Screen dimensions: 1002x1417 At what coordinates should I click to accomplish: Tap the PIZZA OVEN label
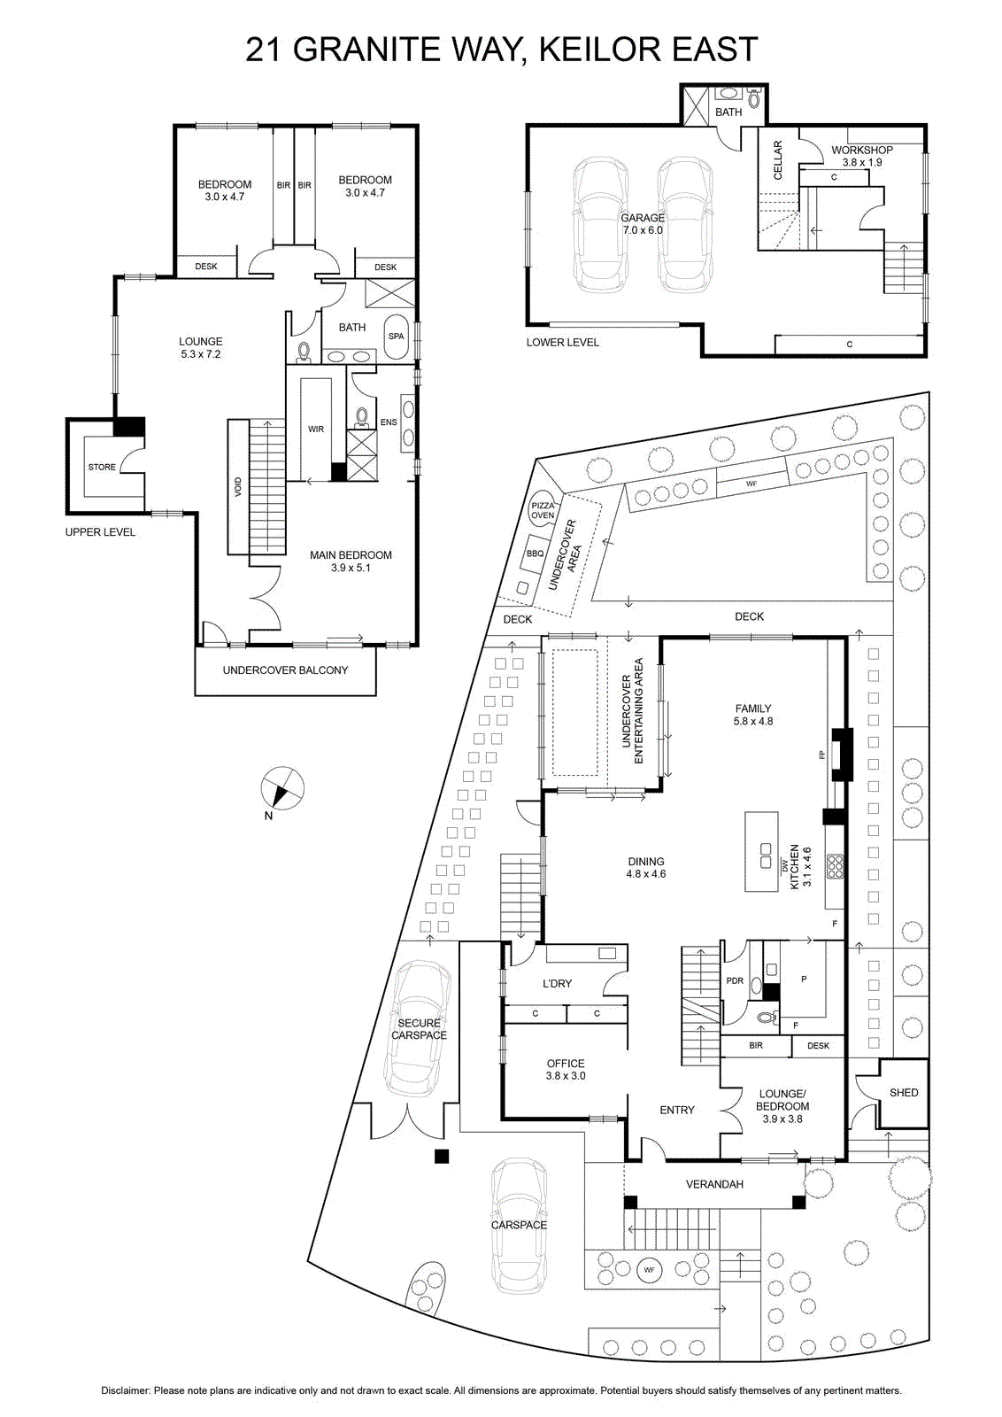543,510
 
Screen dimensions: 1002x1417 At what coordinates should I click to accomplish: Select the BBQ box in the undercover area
535,554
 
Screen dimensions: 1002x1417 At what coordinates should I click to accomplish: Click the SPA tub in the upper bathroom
397,336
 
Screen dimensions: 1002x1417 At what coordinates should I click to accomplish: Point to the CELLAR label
778,159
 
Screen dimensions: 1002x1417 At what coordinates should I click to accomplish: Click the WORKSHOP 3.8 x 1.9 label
861,156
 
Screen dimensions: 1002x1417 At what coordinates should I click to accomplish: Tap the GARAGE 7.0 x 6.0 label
643,224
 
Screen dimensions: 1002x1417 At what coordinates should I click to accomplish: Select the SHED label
904,1093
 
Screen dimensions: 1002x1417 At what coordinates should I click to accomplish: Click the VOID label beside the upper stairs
238,486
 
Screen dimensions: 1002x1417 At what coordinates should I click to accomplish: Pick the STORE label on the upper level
102,467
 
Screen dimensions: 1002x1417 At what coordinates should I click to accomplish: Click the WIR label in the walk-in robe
316,429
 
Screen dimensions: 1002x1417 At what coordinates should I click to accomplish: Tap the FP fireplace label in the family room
821,755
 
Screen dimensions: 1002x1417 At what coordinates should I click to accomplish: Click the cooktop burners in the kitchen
836,867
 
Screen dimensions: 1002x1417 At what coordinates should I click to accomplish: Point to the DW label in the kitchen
784,863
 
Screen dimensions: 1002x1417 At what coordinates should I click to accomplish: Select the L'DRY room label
557,984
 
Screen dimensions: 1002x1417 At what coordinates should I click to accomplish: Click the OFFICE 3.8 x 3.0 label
566,1069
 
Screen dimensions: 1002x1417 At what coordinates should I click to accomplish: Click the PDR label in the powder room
735,981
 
